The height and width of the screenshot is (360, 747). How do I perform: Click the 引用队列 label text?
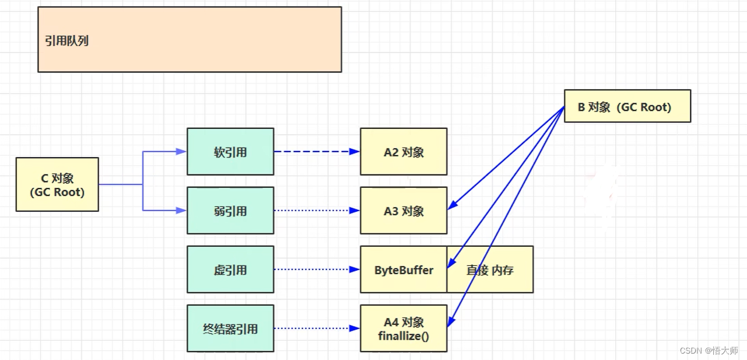66,41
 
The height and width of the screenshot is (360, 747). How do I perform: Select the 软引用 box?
230,152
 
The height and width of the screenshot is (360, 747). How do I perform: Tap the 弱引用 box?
230,211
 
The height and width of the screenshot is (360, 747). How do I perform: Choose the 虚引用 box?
230,270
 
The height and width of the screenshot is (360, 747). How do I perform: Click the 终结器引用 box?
230,328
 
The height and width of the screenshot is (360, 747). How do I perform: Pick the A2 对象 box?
404,152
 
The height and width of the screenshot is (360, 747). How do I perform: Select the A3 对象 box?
404,211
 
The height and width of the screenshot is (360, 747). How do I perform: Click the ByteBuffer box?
404,270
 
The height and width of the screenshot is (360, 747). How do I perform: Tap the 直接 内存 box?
490,270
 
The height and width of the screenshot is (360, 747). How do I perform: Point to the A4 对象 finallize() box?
404,328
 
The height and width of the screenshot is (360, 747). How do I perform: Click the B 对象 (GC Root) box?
627,106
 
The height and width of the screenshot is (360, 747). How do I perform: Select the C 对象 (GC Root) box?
57,184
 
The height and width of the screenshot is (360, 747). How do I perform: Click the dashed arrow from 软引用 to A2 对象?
315,152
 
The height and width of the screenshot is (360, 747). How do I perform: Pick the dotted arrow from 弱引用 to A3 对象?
315,211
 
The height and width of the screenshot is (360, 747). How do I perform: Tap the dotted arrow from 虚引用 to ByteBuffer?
315,270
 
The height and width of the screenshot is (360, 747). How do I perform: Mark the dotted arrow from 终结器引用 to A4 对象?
315,328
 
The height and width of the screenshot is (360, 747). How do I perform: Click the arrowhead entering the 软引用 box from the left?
181,152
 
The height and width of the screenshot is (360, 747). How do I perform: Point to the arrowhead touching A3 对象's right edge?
452,206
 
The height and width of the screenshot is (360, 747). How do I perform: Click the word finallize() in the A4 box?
404,336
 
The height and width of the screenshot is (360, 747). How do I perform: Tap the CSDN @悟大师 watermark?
709,350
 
